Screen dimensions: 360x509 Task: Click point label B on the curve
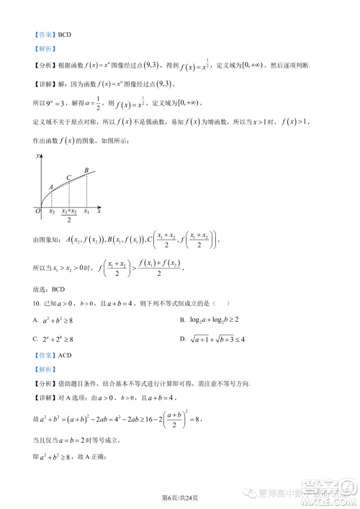(x=86, y=170)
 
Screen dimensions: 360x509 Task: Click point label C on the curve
(x=68, y=177)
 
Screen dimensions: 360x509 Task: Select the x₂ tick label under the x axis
(x=51, y=212)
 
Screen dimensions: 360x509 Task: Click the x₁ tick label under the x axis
(x=87, y=212)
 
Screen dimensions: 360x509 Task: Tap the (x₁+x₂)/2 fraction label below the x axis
(x=69, y=215)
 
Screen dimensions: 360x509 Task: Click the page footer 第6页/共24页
(x=179, y=497)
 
